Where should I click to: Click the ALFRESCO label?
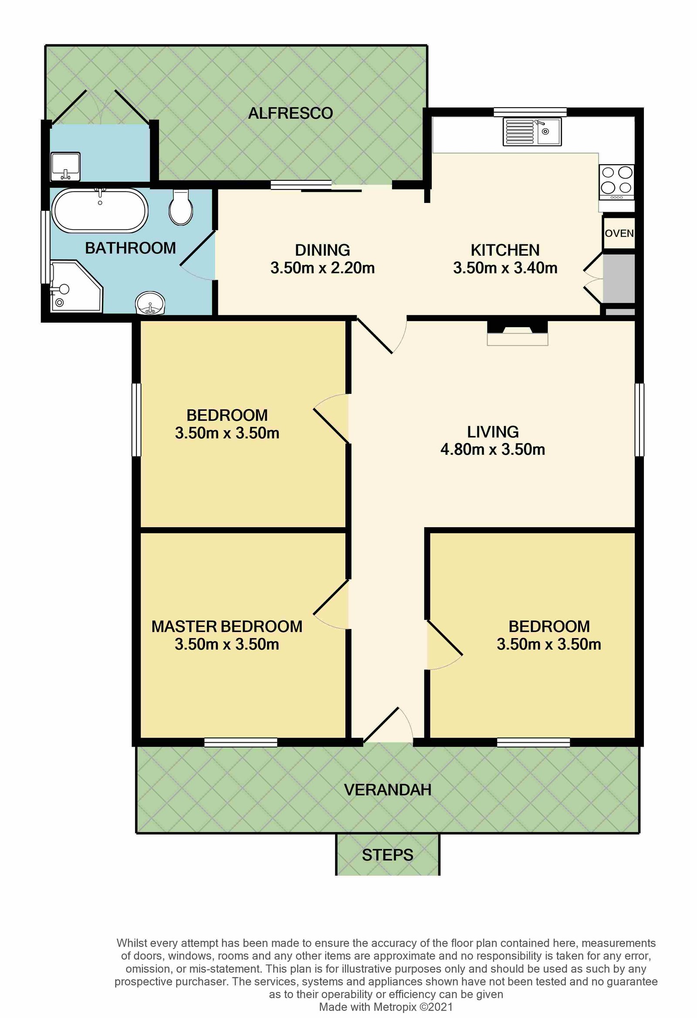291,113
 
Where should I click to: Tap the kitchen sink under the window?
532,132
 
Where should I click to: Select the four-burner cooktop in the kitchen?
617,180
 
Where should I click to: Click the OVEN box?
619,233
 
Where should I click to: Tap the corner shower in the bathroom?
74,287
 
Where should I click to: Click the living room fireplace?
518,333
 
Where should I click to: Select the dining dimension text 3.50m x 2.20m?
322,267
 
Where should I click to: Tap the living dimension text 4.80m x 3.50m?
492,450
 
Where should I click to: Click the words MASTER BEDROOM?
227,626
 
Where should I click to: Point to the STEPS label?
387,855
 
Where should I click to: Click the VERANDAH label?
387,789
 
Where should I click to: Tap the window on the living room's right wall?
639,419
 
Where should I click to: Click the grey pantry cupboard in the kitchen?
619,279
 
